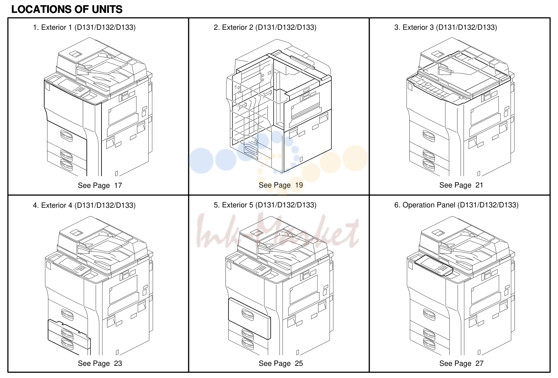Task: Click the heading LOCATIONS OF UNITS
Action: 67,9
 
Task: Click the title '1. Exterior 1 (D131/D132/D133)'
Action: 84,27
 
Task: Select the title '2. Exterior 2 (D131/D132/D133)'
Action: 265,27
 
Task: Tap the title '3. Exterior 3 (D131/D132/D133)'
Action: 446,27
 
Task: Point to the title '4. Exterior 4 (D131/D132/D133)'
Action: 84,205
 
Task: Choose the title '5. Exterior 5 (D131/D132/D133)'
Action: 265,205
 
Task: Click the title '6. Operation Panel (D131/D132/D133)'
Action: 456,205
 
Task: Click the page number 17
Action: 118,185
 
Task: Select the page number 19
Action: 299,185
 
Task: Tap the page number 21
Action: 479,185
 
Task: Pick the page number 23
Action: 118,363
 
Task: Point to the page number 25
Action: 299,363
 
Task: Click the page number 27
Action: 479,363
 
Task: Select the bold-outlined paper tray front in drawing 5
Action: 249,319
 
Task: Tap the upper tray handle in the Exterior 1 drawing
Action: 66,136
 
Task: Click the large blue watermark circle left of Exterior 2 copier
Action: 201,161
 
